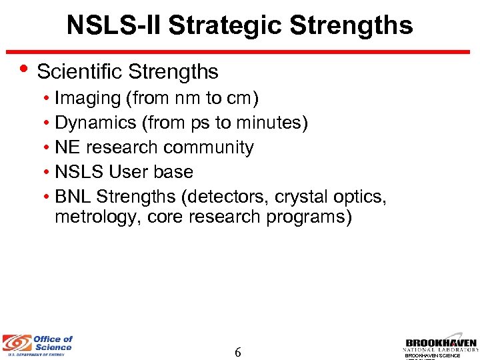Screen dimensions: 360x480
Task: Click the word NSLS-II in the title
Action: tap(114, 25)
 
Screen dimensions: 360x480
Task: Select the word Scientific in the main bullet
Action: tap(80, 71)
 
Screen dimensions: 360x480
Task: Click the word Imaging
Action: tap(87, 99)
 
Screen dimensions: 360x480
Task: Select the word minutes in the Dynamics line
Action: tap(273, 123)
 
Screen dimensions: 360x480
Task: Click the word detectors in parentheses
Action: tap(227, 197)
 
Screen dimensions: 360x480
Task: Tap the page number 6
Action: tap(238, 351)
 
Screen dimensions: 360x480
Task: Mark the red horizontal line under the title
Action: tap(240, 51)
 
